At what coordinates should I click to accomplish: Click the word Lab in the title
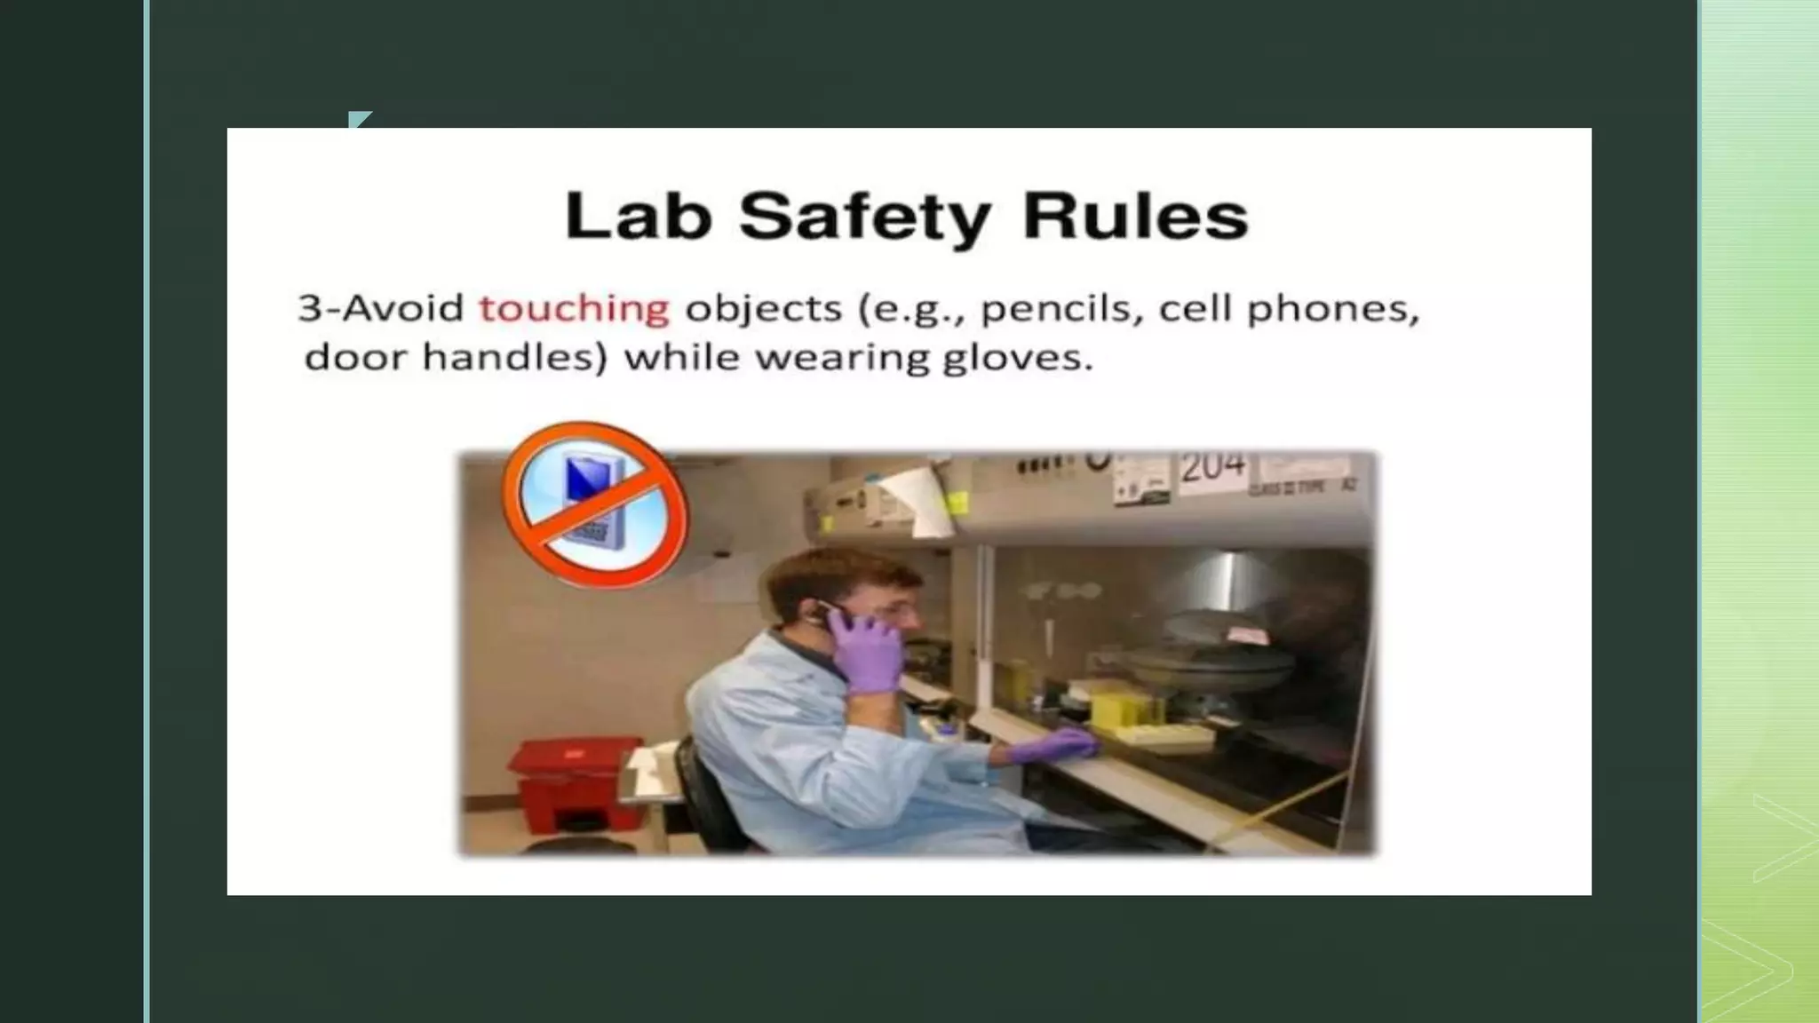coord(638,216)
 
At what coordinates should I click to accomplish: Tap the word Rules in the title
coord(1135,216)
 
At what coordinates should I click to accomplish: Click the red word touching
coord(574,309)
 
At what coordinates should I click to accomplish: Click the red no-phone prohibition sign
coord(594,504)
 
